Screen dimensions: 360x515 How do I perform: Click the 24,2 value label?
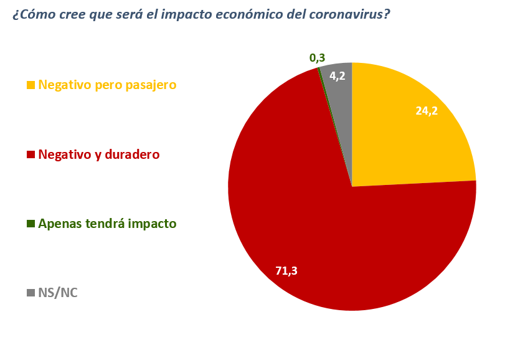427,111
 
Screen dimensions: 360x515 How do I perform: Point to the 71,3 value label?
286,270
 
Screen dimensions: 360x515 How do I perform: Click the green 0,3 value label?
317,58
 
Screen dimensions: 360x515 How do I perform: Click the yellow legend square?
31,85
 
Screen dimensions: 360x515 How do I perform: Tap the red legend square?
31,154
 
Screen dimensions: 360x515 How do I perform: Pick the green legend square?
31,224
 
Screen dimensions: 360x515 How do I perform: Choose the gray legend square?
31,293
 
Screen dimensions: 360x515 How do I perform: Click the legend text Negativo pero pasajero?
107,85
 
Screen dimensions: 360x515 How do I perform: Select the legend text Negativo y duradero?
99,154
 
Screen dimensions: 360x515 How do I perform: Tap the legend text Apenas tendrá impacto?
107,224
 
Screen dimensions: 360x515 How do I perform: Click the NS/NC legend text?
58,293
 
